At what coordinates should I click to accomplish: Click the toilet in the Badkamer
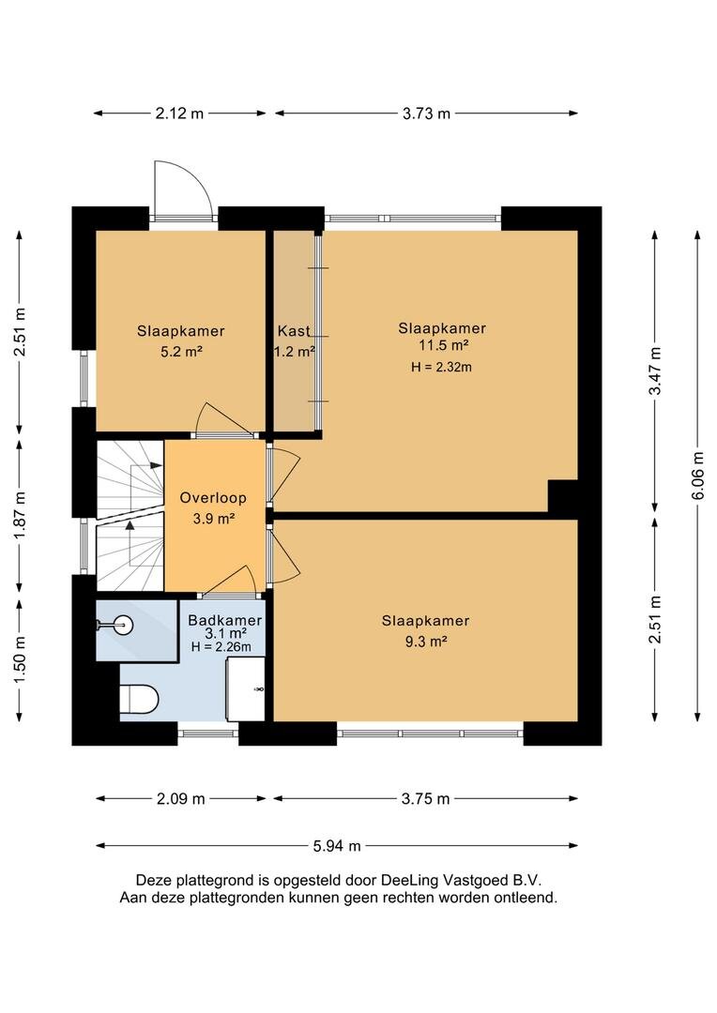tap(139, 700)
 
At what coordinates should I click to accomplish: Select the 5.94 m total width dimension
tap(337, 846)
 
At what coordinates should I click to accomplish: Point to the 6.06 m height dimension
tap(697, 476)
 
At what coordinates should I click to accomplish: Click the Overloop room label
tap(213, 498)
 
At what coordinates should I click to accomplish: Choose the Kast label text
tap(294, 331)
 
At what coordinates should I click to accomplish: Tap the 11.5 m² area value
tap(443, 345)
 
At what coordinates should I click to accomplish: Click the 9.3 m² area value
tap(426, 642)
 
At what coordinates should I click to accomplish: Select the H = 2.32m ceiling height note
tap(441, 367)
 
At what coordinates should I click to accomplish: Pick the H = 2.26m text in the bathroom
tap(221, 646)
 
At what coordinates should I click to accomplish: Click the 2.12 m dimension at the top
tap(179, 113)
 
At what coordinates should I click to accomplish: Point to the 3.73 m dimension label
tap(426, 113)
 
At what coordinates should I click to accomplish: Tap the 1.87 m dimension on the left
tap(20, 516)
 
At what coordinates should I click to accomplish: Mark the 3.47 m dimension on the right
tap(656, 370)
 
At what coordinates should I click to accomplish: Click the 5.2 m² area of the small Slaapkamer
tap(182, 352)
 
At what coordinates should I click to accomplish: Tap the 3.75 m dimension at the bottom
tap(425, 799)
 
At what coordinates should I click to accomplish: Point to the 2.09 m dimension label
tap(180, 799)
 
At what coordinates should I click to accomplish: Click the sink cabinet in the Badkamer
tap(245, 688)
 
